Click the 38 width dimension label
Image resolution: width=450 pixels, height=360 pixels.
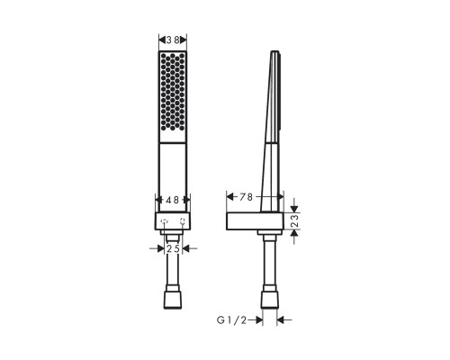coord(173,40)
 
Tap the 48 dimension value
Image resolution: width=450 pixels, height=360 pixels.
coord(173,200)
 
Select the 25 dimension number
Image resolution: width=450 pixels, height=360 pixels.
coord(173,248)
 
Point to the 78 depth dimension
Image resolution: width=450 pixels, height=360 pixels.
coord(246,197)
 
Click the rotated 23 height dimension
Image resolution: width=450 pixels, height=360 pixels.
coord(295,220)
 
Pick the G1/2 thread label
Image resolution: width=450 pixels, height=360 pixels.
coord(231,320)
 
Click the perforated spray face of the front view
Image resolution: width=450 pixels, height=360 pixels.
coord(173,92)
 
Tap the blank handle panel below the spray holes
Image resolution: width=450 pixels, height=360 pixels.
coord(173,177)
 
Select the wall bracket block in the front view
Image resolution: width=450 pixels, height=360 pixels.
coord(173,221)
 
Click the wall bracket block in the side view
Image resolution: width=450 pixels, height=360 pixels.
coord(255,221)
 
